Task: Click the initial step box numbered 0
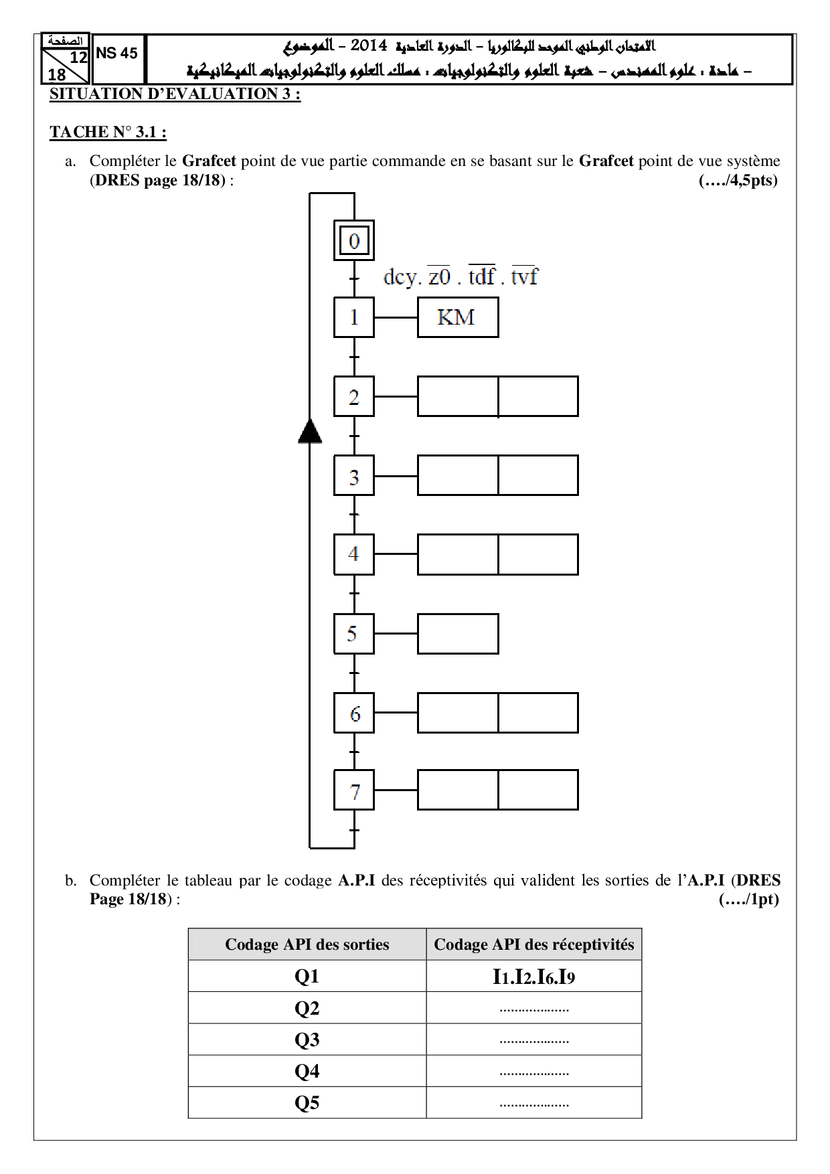tap(354, 240)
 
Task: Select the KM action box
tap(457, 317)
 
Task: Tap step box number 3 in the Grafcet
tap(354, 476)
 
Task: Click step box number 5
tap(354, 634)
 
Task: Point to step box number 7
tap(354, 790)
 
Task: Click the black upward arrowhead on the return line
tap(310, 432)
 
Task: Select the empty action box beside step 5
tap(458, 634)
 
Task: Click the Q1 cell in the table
tap(307, 977)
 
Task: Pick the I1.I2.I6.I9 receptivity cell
tap(533, 977)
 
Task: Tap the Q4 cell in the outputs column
tap(307, 1071)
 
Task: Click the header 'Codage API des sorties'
tap(307, 944)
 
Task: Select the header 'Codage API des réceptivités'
tap(533, 944)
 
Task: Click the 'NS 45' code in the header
tap(117, 54)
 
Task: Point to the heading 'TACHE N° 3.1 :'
tap(108, 132)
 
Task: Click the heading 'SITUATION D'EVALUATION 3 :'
tap(175, 94)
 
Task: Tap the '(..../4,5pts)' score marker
tap(738, 180)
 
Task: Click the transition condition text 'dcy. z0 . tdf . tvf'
tap(460, 276)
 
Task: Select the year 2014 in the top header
tap(369, 46)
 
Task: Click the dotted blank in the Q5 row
tap(533, 1103)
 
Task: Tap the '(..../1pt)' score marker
tap(748, 899)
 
